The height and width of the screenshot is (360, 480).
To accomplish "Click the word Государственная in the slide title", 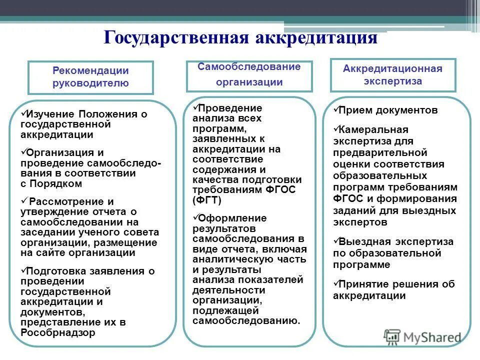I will coord(177,37).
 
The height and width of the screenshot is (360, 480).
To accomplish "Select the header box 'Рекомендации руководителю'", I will coord(90,77).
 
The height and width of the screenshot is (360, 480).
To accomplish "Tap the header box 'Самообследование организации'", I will coord(249,75).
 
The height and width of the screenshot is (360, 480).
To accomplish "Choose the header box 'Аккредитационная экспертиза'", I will coord(392,74).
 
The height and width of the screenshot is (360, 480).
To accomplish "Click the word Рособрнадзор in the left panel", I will coord(58,332).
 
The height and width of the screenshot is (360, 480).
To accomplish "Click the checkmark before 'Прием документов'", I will coord(336,108).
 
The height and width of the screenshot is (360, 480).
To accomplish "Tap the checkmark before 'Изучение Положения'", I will coord(24,113).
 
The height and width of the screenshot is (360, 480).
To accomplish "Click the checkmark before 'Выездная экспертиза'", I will coord(336,240).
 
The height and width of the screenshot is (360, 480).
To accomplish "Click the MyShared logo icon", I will coord(393,337).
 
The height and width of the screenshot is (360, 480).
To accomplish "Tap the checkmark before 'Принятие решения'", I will coord(336,283).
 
